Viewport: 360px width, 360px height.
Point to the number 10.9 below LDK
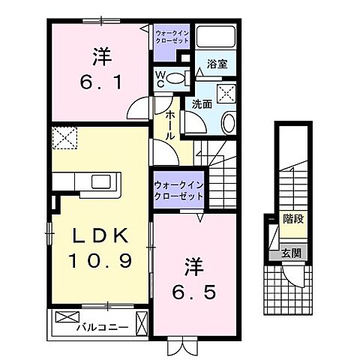[100, 262]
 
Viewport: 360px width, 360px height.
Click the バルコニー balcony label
[103, 328]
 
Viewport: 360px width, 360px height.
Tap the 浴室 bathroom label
[217, 64]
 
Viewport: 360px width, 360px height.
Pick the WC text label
[160, 78]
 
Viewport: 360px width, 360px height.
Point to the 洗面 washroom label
[202, 105]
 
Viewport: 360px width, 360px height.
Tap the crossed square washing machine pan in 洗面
[224, 93]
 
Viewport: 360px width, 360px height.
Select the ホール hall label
[170, 124]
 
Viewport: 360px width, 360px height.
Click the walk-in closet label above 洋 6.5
[178, 190]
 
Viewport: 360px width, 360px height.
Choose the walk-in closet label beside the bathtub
[173, 36]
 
